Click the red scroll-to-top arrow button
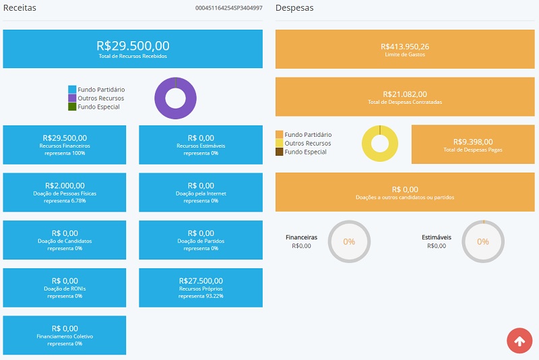pyautogui.click(x=519, y=340)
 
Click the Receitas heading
pyautogui.click(x=20, y=8)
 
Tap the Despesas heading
pyautogui.click(x=294, y=8)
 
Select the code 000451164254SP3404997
pyautogui.click(x=228, y=8)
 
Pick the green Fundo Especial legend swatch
pyautogui.click(x=72, y=107)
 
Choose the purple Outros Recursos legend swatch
pyautogui.click(x=72, y=98)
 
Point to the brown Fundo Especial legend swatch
pyautogui.click(x=279, y=152)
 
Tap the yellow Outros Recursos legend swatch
pyautogui.click(x=279, y=143)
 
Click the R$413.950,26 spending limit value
pyautogui.click(x=405, y=47)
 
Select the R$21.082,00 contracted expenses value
pyautogui.click(x=405, y=94)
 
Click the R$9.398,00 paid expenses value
pyautogui.click(x=473, y=142)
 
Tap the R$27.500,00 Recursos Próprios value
pyautogui.click(x=201, y=281)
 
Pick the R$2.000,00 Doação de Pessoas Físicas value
pyautogui.click(x=65, y=185)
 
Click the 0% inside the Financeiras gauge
pyautogui.click(x=349, y=242)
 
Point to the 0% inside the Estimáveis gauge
pyautogui.click(x=483, y=242)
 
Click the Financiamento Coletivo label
pyautogui.click(x=65, y=336)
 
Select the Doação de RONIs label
pyautogui.click(x=65, y=289)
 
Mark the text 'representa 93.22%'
pyautogui.click(x=201, y=296)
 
